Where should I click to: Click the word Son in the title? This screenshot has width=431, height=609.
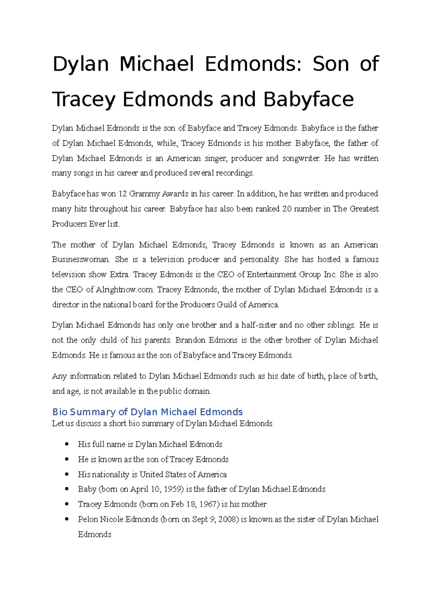[x=330, y=64]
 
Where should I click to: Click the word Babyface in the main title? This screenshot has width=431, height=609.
[x=309, y=99]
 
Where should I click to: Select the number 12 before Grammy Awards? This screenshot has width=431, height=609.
[x=122, y=194]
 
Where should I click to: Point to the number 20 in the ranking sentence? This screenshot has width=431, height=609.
[x=287, y=209]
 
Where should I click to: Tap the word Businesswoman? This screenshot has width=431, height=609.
[x=80, y=260]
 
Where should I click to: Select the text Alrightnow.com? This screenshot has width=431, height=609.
[x=125, y=290]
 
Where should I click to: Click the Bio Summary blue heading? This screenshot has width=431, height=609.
[x=147, y=412]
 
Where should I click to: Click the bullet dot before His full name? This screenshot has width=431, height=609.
[x=67, y=444]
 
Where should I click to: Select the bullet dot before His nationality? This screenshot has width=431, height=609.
[x=67, y=474]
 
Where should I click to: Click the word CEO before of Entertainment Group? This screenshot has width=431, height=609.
[x=226, y=275]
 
